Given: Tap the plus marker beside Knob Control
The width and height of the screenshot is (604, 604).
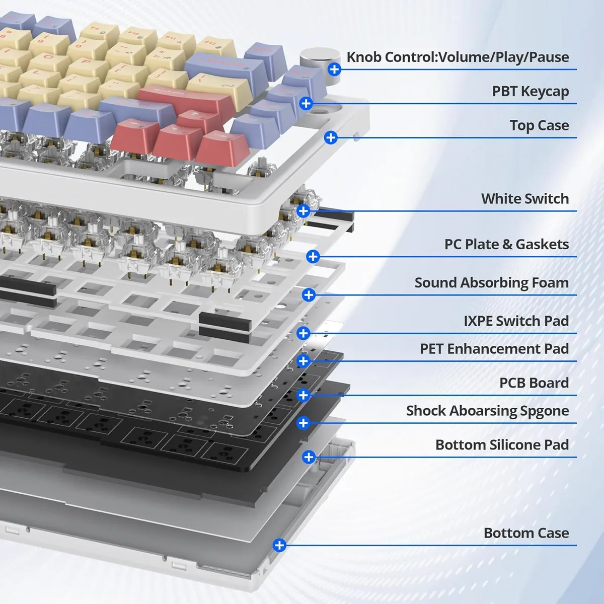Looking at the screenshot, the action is [x=334, y=69].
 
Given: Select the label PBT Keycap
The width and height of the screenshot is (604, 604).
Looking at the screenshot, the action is [x=531, y=91].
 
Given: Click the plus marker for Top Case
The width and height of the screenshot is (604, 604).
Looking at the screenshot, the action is [x=331, y=137].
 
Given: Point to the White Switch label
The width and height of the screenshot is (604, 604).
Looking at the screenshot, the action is [x=525, y=199].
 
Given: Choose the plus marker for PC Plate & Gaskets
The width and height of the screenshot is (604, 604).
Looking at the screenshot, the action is [x=313, y=257].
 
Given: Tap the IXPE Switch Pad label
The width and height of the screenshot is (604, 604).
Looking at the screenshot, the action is [x=516, y=321].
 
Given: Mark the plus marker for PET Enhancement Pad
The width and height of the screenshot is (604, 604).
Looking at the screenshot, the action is [x=303, y=361].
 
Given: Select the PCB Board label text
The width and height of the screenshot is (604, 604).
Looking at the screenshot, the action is [x=534, y=383].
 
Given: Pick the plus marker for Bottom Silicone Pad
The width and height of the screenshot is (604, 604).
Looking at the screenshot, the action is [x=309, y=457].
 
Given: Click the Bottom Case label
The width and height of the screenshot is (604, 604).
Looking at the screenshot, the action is [x=526, y=533].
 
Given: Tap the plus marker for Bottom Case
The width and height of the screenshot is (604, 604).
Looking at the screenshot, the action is [x=279, y=546].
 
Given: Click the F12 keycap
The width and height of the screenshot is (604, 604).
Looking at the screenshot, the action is [x=216, y=45].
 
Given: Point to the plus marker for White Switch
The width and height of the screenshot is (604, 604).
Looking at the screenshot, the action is [x=303, y=211].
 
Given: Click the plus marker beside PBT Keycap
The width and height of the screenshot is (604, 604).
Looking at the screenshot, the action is [x=306, y=104].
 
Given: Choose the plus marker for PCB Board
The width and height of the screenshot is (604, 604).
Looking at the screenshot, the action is [x=303, y=395].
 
